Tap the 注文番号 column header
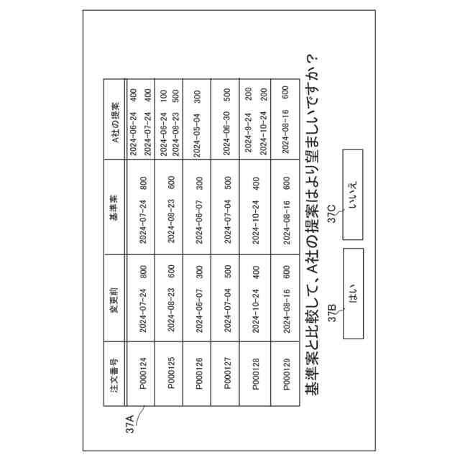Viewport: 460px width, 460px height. [114, 373]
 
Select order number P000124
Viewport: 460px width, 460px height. [143, 373]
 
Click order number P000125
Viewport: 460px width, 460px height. [171, 373]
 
